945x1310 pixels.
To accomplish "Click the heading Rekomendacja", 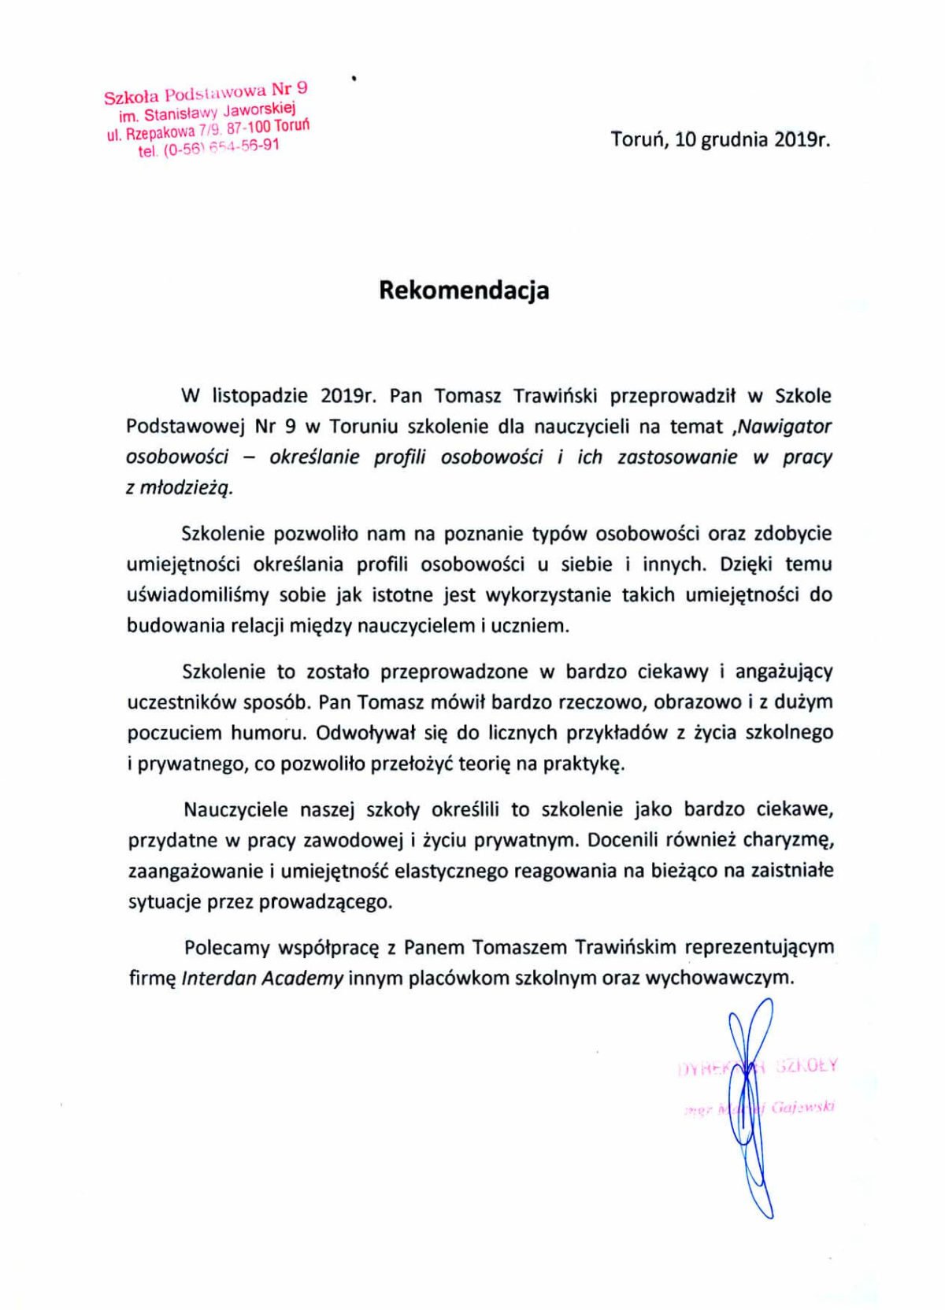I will pyautogui.click(x=464, y=290).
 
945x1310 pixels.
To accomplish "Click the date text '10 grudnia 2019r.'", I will pyautogui.click(x=753, y=140).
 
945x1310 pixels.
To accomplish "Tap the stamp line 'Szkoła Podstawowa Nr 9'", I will pyautogui.click(x=206, y=92).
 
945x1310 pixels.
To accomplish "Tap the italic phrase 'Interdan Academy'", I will pyautogui.click(x=262, y=979).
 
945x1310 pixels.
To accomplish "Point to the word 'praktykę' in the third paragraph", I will pyautogui.click(x=584, y=764).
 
